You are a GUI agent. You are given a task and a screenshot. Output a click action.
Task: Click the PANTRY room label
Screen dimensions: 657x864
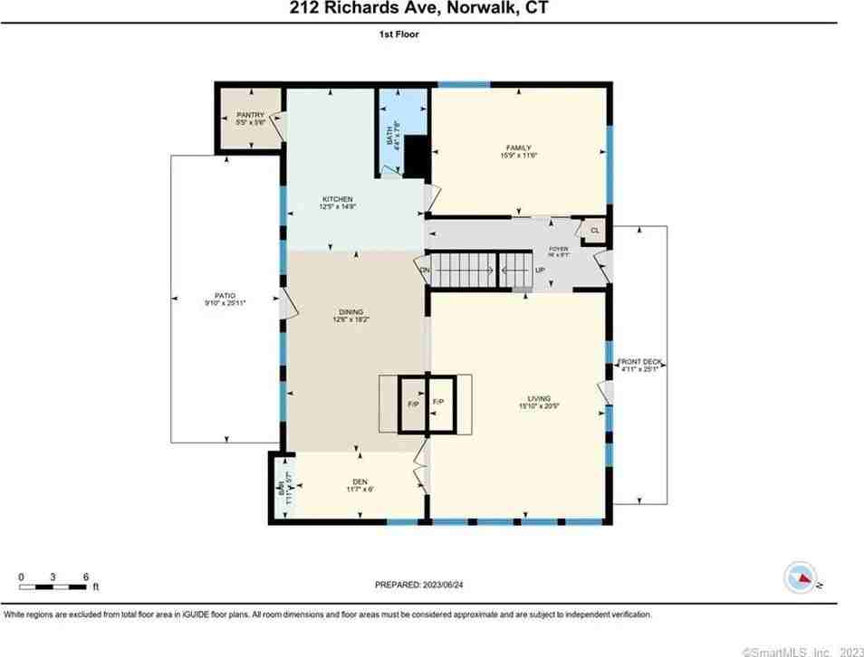coord(250,115)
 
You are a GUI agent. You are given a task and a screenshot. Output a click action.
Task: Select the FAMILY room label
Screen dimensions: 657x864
coord(518,148)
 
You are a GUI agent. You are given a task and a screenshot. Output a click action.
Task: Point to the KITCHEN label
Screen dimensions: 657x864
coord(338,199)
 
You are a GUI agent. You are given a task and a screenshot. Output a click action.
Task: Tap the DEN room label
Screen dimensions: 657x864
coord(359,481)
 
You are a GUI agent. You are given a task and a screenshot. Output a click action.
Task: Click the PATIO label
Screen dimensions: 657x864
coord(226,295)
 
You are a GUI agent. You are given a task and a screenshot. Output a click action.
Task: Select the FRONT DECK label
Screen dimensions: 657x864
coord(641,363)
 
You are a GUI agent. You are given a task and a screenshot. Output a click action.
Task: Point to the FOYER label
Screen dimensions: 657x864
coord(560,248)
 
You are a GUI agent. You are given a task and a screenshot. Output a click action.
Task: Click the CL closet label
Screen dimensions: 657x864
coord(595,231)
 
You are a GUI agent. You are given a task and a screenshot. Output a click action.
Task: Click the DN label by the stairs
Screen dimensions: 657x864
coord(424,270)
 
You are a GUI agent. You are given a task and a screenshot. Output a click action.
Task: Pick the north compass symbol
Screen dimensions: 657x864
coord(801,577)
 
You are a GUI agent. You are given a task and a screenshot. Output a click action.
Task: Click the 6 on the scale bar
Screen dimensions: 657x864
coord(84,576)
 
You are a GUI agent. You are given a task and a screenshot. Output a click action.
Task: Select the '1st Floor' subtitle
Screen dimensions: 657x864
coord(399,34)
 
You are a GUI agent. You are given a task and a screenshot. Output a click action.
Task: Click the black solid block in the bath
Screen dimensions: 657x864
coord(416,156)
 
